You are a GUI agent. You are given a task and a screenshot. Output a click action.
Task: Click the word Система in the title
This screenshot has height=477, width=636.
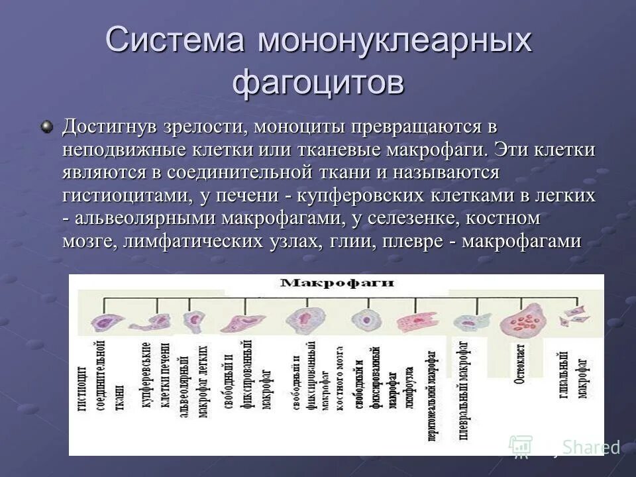coord(176,41)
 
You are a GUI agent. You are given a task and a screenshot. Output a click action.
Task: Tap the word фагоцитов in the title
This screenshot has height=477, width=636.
coord(318,83)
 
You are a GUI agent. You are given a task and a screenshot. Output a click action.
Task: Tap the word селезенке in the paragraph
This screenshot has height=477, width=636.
coord(403,219)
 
